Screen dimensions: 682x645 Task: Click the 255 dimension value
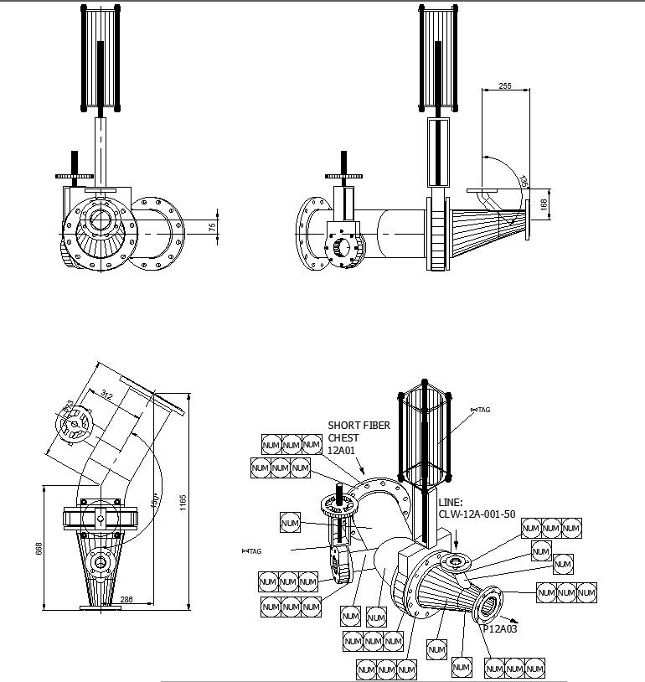[504, 85]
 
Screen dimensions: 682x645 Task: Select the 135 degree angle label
[524, 181]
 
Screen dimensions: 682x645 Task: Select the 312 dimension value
[107, 395]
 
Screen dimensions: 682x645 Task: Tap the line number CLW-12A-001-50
[476, 514]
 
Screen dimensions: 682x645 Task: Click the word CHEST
[343, 437]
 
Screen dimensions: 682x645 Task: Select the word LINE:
[451, 503]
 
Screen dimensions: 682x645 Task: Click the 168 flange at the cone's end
[529, 220]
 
